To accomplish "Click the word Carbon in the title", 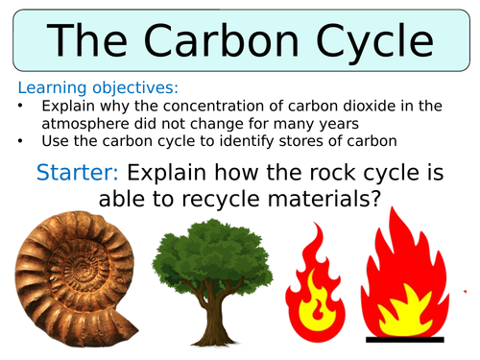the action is coord(221,40).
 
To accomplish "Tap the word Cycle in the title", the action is coord(374,43).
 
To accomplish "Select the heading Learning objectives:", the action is coord(98,87).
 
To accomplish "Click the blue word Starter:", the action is coord(78,173).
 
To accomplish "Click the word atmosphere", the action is coord(85,124).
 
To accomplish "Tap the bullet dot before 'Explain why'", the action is coord(20,106).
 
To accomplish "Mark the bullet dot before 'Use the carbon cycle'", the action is coord(20,140).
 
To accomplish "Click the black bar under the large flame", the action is coord(405,340).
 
